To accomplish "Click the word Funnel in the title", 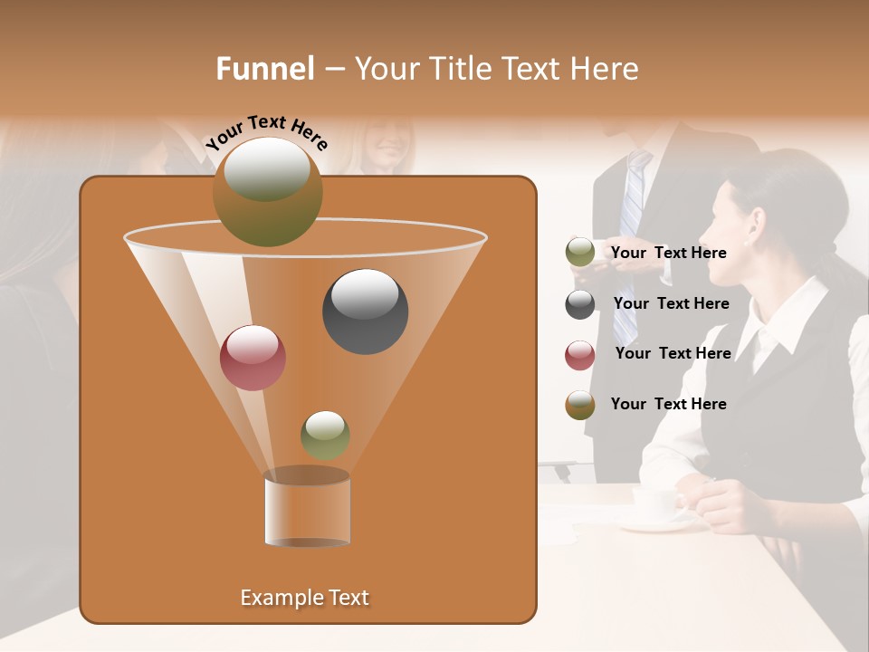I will pos(264,69).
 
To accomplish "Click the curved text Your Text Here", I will pos(267,132).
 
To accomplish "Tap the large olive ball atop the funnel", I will pos(267,191).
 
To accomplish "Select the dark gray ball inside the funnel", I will pos(365,312).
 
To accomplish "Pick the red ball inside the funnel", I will pos(253,357).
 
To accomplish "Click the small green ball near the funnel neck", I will pos(325,435).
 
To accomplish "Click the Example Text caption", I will pos(304,598).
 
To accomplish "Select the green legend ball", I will pos(580,253).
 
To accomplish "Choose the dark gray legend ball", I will pos(580,304).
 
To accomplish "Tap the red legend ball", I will pos(580,355).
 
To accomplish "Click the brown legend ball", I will pos(580,405).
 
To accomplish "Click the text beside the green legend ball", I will pos(668,253).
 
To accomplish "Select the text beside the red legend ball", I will pos(673,353).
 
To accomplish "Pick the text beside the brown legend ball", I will pos(668,404).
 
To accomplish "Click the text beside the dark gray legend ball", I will pos(671,303).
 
